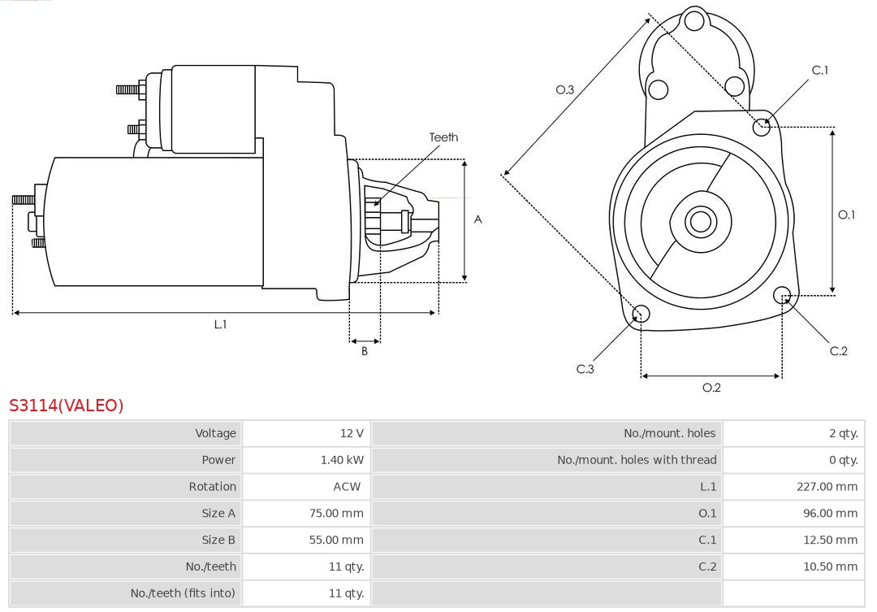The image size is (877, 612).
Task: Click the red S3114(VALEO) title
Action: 67,406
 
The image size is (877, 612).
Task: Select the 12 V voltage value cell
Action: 352,433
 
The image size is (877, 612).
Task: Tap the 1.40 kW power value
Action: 342,460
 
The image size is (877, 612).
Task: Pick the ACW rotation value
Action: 347,487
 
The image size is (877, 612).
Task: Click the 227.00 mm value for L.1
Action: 827,487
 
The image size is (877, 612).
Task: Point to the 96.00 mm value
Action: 830,514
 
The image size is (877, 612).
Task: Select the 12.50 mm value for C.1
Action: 830,540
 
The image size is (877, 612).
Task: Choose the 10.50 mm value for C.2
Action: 830,566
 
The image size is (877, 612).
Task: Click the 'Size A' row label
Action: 218,514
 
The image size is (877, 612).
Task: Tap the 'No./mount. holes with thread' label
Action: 637,460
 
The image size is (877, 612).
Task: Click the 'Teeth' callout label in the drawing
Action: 443,137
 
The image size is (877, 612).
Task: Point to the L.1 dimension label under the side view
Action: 220,324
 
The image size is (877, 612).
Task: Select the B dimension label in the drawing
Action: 365,352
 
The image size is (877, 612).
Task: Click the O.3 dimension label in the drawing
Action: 564,89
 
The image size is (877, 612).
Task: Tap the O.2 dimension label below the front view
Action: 711,388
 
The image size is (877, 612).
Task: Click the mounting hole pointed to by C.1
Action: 762,126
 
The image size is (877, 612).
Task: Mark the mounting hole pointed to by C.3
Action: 641,314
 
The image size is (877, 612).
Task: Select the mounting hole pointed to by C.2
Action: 782,294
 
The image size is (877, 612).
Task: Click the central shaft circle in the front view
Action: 698,221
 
